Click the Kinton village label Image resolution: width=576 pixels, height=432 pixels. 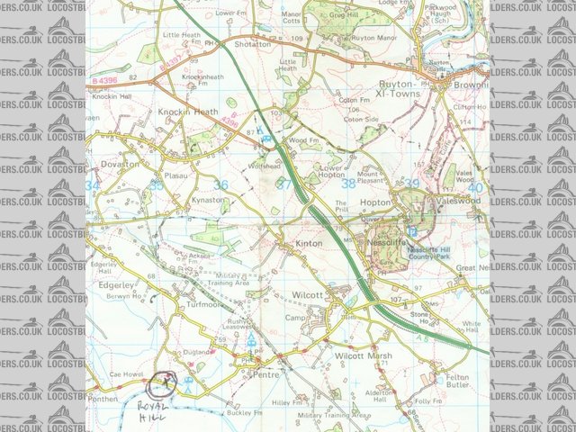coord(309,244)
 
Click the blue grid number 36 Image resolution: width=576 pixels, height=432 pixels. coord(220,184)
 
